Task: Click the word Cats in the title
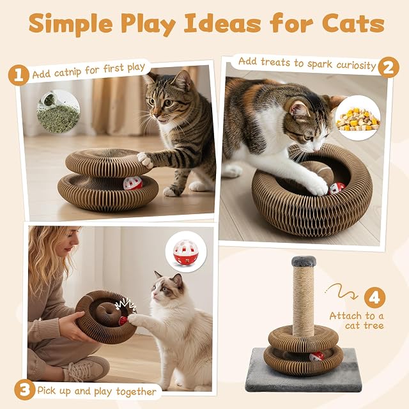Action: point(353,24)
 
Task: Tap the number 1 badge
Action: point(19,75)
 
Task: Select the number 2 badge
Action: point(389,68)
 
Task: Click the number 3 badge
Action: point(24,390)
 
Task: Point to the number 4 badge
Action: point(374,297)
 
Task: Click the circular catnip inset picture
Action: point(58,111)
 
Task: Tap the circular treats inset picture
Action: point(358,118)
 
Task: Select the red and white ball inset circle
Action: point(186,251)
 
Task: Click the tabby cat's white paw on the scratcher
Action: point(145,160)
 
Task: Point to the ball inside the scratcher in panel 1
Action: point(133,183)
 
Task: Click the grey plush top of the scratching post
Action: point(304,261)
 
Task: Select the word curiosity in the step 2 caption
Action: point(356,65)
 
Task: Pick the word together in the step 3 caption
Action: point(136,391)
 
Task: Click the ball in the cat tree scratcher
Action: point(317,356)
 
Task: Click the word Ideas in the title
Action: point(222,24)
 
